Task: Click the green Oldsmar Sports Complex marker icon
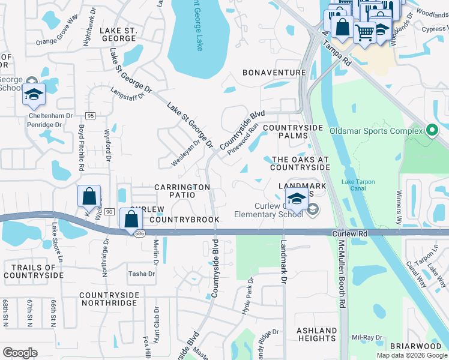(432, 131)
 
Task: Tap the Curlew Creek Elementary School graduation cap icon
(297, 199)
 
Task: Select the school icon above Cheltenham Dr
(34, 94)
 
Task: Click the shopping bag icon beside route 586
(131, 219)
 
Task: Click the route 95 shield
(91, 115)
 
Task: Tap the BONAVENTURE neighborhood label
(274, 72)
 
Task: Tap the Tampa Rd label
(336, 52)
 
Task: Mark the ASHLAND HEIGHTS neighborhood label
(317, 334)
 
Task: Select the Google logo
(20, 353)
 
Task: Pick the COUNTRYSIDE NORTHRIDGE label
(108, 299)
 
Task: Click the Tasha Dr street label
(141, 274)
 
